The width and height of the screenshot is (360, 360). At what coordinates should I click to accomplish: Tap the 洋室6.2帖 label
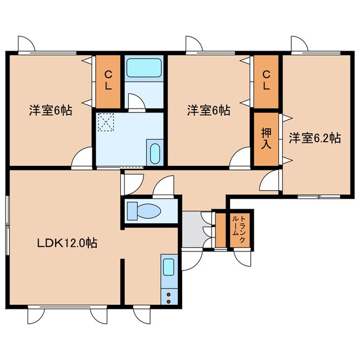coord(314,138)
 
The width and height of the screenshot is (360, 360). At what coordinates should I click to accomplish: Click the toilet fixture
coord(145,211)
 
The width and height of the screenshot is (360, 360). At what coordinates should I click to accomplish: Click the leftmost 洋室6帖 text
coord(51,110)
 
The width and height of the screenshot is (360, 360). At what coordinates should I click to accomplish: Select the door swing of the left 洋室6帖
coord(83,157)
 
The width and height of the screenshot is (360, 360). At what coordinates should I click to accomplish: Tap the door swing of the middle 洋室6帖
coord(241,157)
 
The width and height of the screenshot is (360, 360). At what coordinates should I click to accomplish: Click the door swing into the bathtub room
coord(137,101)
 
